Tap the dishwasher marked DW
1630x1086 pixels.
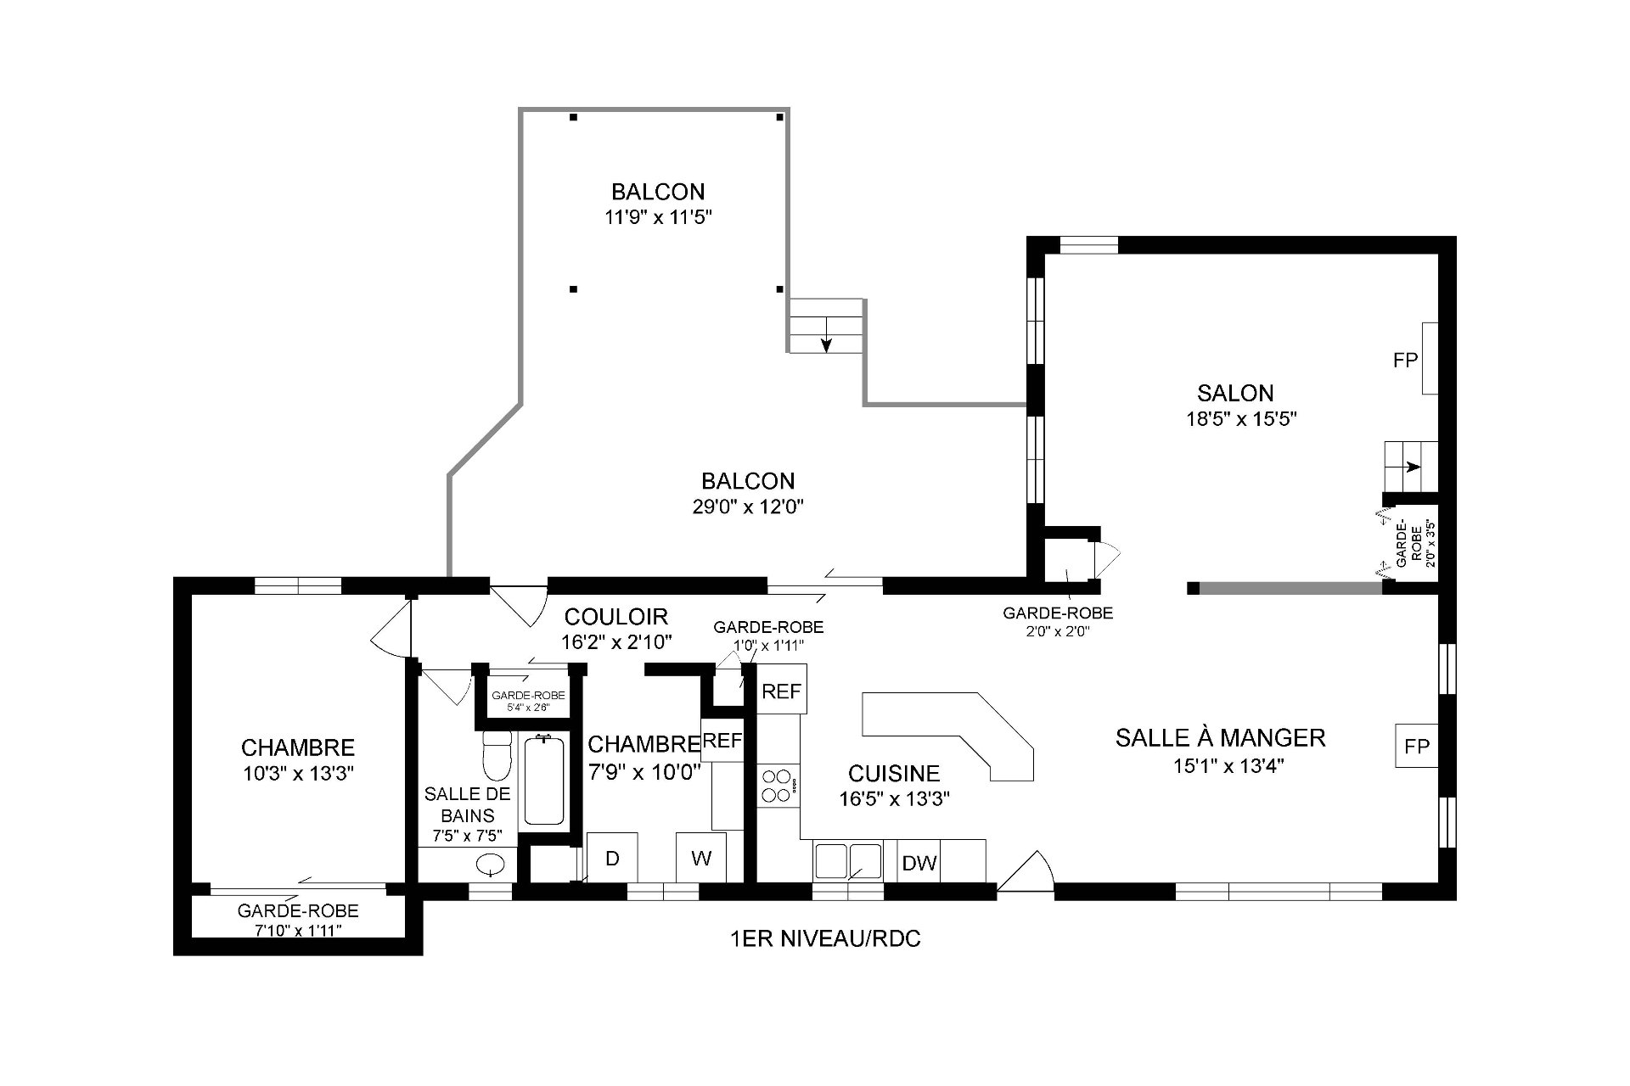pos(919,863)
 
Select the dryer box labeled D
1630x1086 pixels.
pos(612,858)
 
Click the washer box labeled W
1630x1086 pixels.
pos(701,858)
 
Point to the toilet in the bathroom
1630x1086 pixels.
pos(496,754)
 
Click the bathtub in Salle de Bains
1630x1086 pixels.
pos(544,781)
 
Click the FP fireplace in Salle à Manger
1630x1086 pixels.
pos(1417,746)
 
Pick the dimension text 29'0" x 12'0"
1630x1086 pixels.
pos(748,507)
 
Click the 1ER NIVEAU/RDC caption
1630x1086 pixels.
pos(825,939)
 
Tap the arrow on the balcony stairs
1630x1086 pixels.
pos(826,340)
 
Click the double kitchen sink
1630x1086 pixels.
pos(848,860)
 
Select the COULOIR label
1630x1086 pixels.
pos(616,617)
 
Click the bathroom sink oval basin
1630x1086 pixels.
pos(491,865)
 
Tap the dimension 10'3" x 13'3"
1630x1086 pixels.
pos(297,773)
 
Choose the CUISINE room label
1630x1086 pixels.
pos(894,773)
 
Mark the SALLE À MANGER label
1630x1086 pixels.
pos(1220,737)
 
